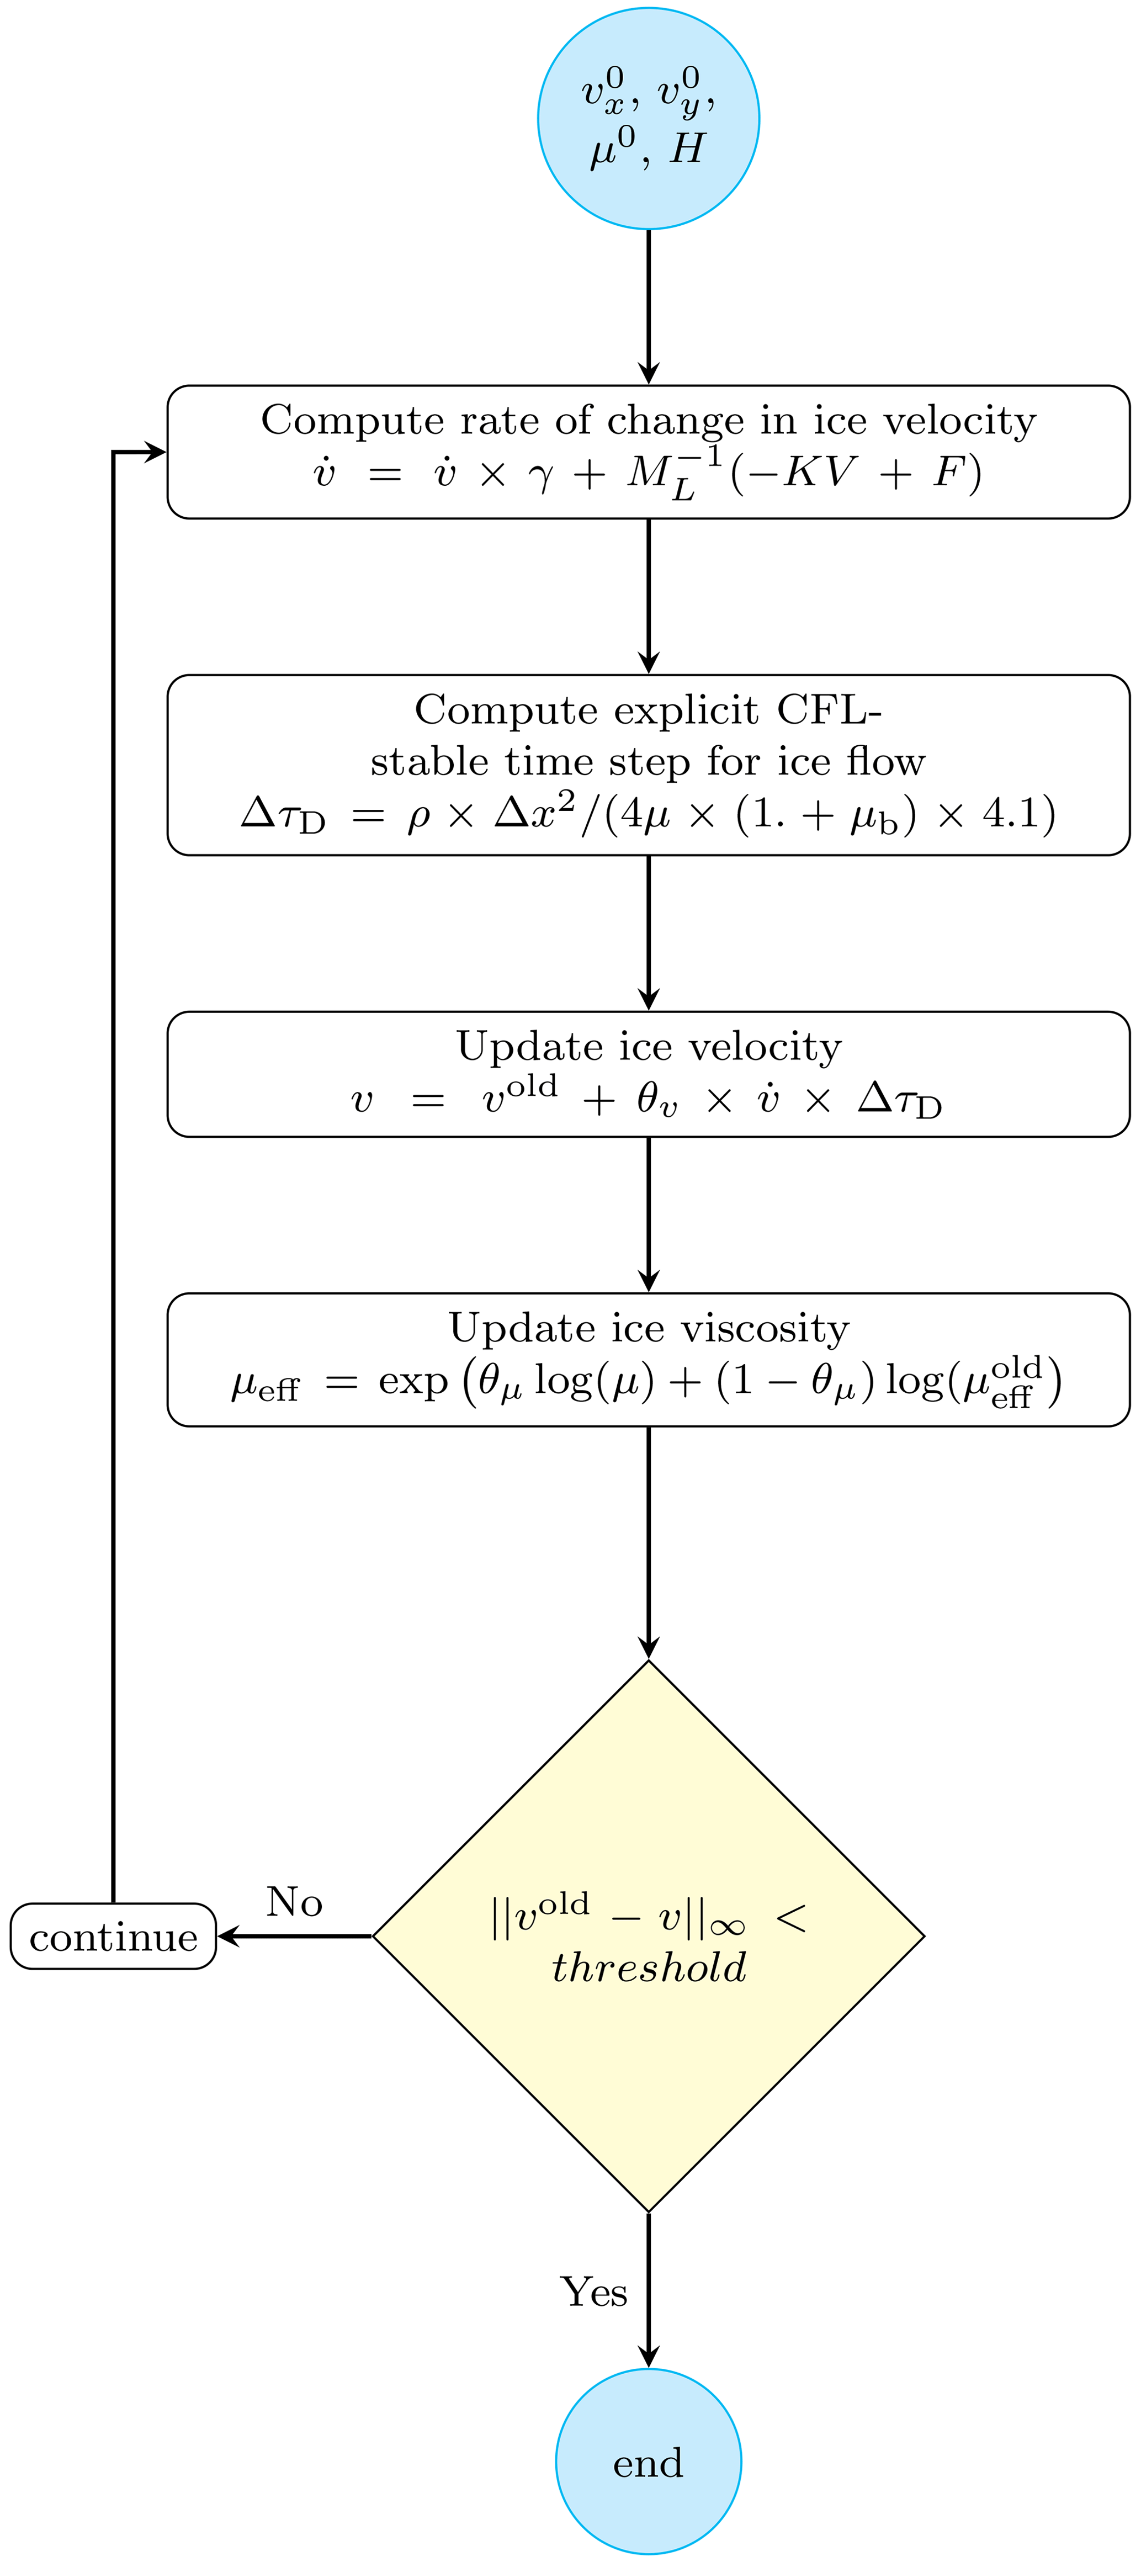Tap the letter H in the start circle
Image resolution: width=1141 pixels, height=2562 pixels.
tap(686, 149)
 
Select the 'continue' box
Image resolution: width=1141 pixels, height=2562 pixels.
tap(113, 1937)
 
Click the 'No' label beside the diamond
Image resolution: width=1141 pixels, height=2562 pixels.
tap(294, 1902)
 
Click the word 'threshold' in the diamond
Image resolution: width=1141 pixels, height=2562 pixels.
tap(649, 1967)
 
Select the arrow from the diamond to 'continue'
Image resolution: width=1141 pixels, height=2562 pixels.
tap(294, 1937)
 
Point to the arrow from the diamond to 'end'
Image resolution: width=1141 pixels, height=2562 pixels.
tap(649, 2288)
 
